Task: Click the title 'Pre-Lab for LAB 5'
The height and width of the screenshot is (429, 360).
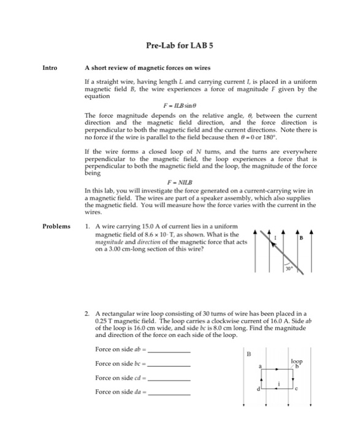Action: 180,45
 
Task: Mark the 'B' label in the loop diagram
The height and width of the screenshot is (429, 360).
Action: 248,354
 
